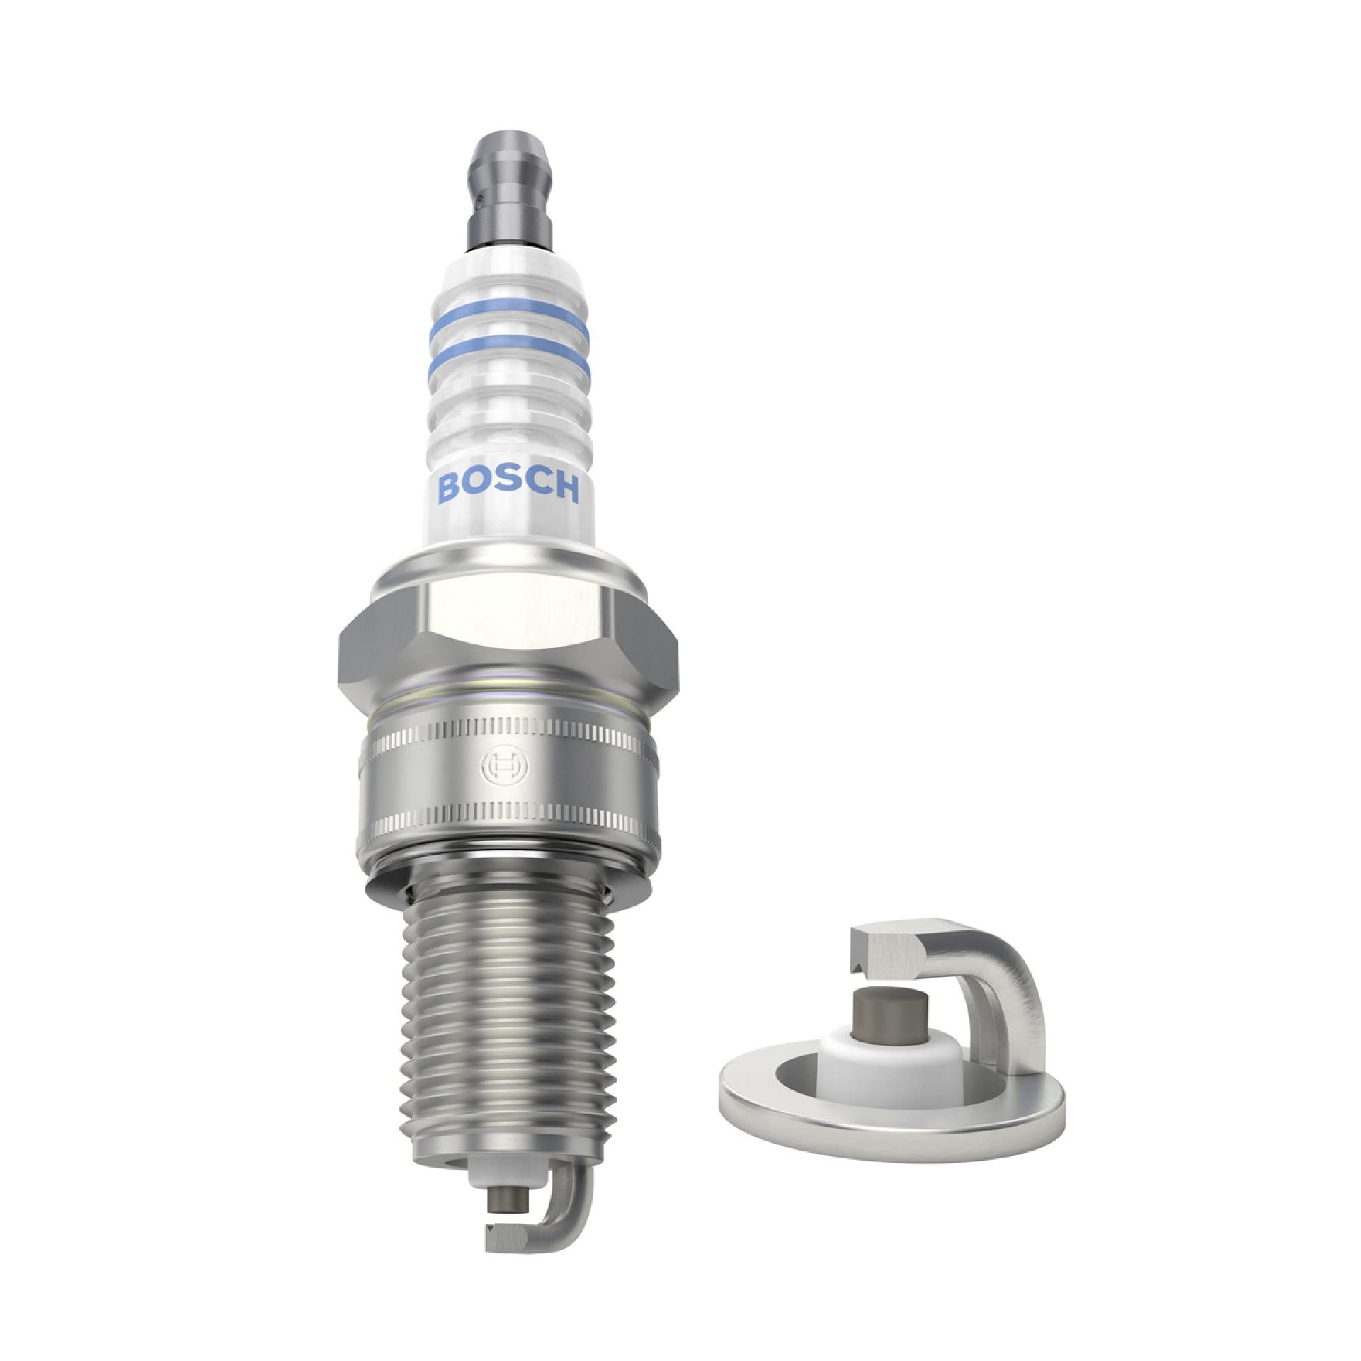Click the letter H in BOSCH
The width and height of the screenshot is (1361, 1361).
(x=565, y=488)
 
